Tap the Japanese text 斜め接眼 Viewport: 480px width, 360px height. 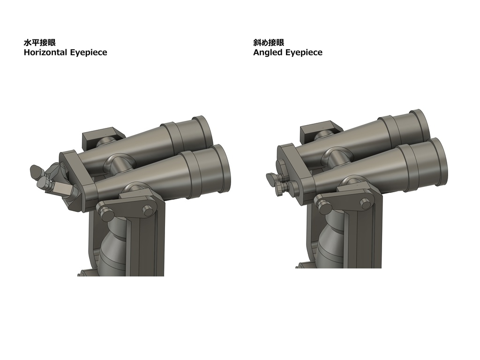point(268,43)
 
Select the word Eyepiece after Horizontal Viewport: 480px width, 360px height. point(89,52)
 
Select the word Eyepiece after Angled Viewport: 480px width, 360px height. point(304,52)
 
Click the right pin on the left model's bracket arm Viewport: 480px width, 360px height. point(149,211)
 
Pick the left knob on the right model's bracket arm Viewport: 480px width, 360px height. point(322,203)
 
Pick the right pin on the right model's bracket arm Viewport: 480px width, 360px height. point(364,202)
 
